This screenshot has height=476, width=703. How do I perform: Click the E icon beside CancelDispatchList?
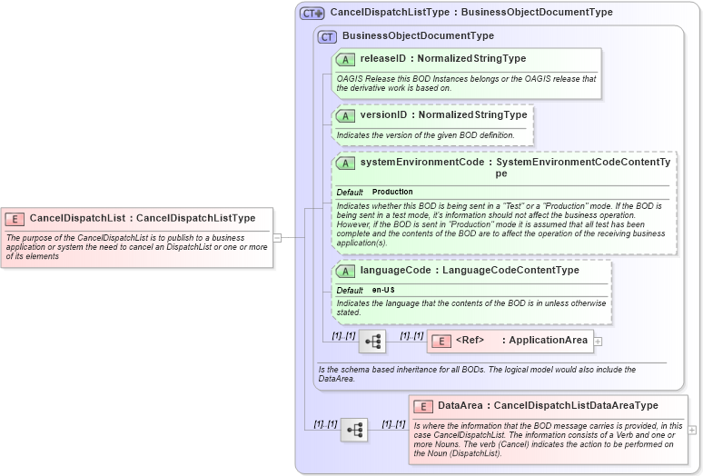coord(15,218)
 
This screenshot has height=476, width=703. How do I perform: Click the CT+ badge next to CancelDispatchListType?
coord(312,14)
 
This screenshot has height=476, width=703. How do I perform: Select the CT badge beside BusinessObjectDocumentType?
coord(327,36)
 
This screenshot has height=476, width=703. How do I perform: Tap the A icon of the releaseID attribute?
coord(345,59)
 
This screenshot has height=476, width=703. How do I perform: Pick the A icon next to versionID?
coord(345,115)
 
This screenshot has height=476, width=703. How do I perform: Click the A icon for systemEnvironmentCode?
coord(345,164)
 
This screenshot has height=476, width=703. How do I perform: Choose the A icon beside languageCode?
coord(345,271)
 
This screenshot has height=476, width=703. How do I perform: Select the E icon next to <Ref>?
coord(441,341)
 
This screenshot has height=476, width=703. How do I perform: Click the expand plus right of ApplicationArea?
coord(598,341)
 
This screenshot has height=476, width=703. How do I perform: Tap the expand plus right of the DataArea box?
coord(692,430)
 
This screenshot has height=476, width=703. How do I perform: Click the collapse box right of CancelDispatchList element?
coord(277,238)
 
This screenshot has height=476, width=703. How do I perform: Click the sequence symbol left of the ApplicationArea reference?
coord(372,342)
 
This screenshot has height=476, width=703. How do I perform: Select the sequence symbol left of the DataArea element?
coord(354,430)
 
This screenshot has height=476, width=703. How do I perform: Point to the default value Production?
coord(392,193)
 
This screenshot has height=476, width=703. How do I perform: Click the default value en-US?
coord(383,290)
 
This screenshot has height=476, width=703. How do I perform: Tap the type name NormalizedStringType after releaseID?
coord(471,59)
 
